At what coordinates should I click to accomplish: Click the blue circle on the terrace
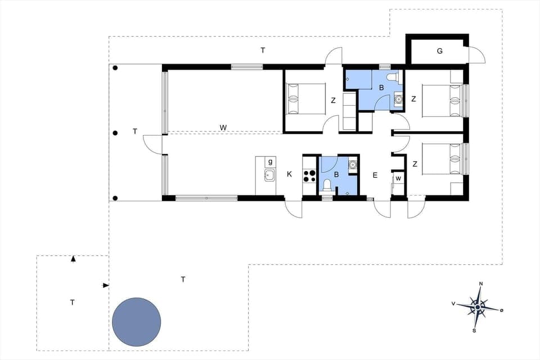[137, 322]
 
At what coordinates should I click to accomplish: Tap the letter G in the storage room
[439, 51]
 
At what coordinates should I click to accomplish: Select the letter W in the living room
[223, 128]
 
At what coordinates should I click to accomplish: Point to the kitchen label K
[290, 174]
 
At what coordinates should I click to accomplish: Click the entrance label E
[374, 175]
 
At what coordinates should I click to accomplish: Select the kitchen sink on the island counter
[269, 175]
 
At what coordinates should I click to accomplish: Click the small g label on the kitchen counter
[270, 161]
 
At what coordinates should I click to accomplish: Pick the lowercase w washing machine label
[398, 179]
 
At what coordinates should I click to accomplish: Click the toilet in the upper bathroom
[394, 78]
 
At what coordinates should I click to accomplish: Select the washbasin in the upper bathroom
[399, 100]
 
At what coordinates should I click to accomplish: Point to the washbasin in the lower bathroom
[353, 165]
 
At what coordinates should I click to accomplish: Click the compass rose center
[478, 307]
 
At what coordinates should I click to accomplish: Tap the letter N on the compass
[480, 283]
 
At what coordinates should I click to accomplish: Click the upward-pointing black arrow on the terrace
[73, 259]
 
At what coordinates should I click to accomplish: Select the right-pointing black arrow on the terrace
[105, 286]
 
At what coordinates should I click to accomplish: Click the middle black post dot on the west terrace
[115, 133]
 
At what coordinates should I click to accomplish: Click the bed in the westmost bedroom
[306, 99]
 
